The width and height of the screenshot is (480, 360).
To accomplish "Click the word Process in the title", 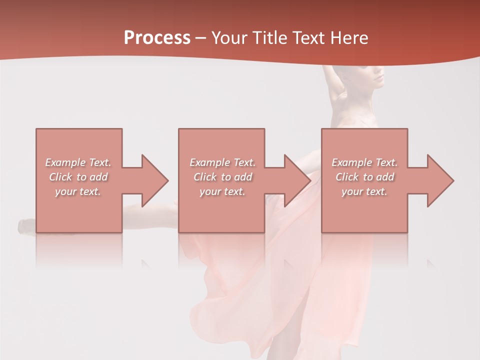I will tap(157, 38).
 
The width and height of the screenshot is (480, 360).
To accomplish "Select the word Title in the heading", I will tap(272, 38).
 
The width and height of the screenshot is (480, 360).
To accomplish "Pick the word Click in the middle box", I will tap(204, 177).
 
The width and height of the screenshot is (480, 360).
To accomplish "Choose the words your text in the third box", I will tap(364, 191).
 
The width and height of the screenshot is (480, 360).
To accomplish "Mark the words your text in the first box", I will tap(77, 191).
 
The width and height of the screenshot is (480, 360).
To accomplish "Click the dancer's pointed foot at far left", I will tap(25, 226).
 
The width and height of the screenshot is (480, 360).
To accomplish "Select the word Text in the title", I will tap(309, 38).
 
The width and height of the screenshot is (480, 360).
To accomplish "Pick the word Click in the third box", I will tap(347, 177).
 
